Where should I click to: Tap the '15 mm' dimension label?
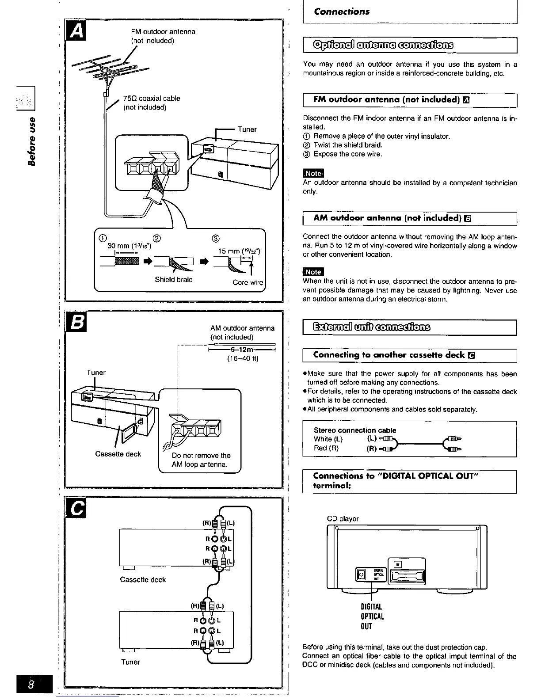coord(240,251)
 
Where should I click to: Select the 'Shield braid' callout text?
coord(174,279)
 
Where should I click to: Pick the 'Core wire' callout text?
coord(248,282)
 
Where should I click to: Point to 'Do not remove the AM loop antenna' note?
coord(201,460)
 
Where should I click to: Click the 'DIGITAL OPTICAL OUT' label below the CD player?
coord(372,616)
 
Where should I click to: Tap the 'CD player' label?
coord(343,519)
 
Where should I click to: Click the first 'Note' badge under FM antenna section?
coord(313,173)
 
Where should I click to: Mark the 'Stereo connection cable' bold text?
coord(355,430)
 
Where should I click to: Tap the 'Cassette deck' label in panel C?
coord(143,579)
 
